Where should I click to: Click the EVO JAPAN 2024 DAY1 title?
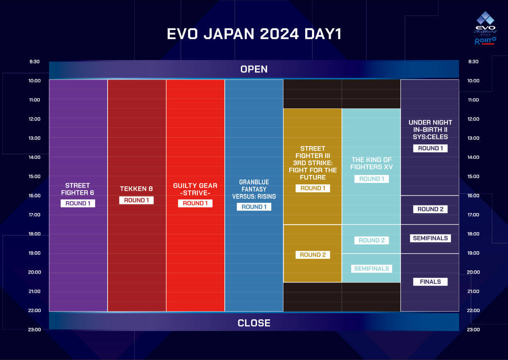[254, 34]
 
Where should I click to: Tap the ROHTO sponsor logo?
[485, 41]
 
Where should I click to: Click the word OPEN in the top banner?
[254, 69]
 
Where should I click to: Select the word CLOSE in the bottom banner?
[254, 323]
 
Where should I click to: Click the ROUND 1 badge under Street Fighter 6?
[78, 203]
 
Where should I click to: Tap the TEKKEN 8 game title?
[136, 189]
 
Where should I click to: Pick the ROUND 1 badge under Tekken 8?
[136, 200]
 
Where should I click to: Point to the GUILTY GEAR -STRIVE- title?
[195, 189]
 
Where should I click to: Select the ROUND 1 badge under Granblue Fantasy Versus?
[254, 207]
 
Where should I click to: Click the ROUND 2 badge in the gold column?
[313, 255]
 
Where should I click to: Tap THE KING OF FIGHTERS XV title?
[372, 163]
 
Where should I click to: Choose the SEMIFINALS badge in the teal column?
[372, 269]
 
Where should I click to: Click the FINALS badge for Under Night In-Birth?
[430, 282]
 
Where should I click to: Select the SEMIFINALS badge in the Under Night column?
[430, 238]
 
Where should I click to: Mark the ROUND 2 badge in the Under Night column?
[430, 209]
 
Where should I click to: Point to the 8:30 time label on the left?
[34, 62]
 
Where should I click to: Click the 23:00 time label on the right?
[473, 330]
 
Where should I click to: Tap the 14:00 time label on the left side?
[34, 157]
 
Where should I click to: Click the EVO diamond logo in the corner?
[485, 18]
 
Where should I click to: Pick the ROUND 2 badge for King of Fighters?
[372, 241]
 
